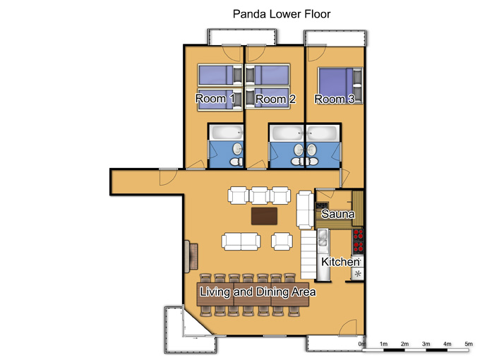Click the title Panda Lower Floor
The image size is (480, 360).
[x=282, y=14]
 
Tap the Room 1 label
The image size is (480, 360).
[x=215, y=99]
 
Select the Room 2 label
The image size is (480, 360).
[x=275, y=100]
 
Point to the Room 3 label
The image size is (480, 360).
[x=335, y=100]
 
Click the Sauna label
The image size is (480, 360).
[x=338, y=214]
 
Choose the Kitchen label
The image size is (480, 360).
[x=340, y=262]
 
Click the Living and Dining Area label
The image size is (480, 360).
[x=258, y=292]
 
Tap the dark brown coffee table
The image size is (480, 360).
[x=265, y=216]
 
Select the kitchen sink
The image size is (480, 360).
[x=323, y=238]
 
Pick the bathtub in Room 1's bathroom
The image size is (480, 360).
[x=226, y=132]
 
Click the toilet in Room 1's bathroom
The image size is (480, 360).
[x=236, y=162]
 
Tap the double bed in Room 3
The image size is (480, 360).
[x=337, y=85]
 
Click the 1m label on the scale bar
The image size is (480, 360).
[x=383, y=344]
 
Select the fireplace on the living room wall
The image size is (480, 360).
[x=191, y=256]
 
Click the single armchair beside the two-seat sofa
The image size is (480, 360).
[x=282, y=241]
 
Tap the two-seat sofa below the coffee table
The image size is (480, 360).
[x=241, y=241]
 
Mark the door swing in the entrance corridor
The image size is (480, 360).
[x=168, y=177]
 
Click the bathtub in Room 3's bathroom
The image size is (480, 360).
[x=323, y=133]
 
